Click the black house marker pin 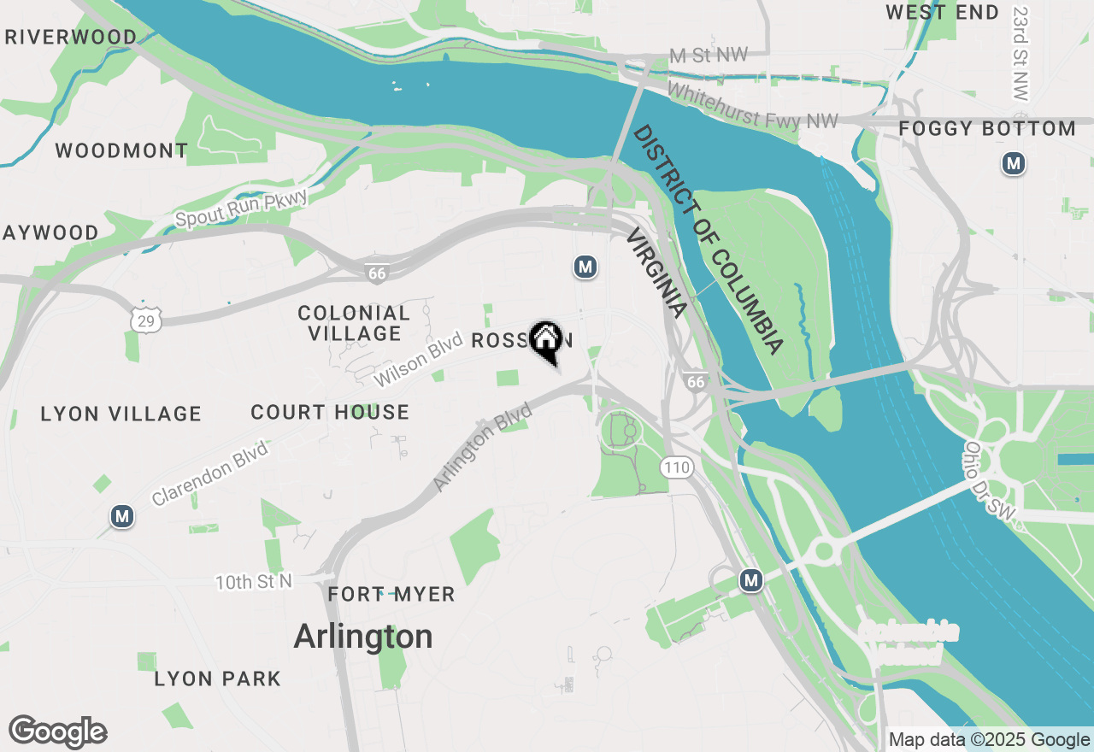tap(545, 340)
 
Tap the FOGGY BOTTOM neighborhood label tap(987, 129)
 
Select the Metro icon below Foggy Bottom tap(1014, 163)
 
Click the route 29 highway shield tap(144, 320)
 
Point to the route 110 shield tap(675, 467)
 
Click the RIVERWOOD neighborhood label tap(70, 38)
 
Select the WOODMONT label tap(121, 151)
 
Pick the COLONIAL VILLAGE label tap(354, 323)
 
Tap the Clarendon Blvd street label tap(209, 473)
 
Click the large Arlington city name tap(363, 637)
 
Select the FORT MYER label tap(391, 595)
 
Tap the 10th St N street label tap(254, 582)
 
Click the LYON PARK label tap(217, 679)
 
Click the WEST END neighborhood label tap(942, 13)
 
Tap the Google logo tap(58, 732)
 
